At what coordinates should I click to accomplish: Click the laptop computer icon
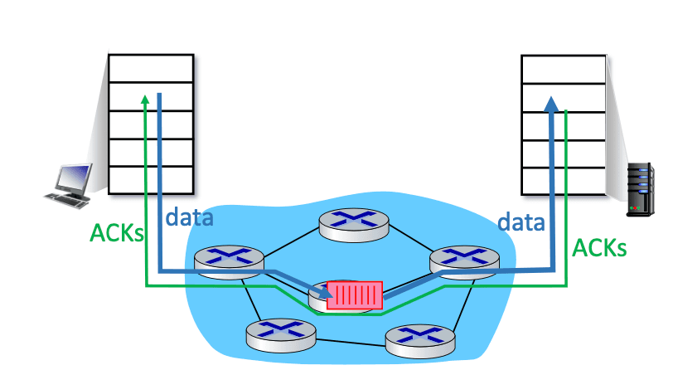tap(68, 186)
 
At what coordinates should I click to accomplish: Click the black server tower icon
tap(640, 189)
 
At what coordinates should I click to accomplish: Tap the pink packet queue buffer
tap(355, 295)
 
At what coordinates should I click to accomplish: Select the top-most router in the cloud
tap(354, 225)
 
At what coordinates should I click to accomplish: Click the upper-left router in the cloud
tap(229, 262)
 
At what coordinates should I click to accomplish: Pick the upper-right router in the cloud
tap(464, 262)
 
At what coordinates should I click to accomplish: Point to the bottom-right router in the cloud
tap(420, 342)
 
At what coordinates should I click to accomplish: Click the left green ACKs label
tap(116, 233)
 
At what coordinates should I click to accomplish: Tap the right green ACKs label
tap(599, 248)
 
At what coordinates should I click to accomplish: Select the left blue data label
tap(189, 217)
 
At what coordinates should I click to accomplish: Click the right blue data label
tap(521, 222)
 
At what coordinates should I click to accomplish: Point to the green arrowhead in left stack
tap(145, 100)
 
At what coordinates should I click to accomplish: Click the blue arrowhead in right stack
tap(551, 105)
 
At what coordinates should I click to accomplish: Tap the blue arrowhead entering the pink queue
tap(326, 292)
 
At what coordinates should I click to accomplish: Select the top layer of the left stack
tap(151, 68)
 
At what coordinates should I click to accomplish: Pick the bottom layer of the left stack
tap(151, 180)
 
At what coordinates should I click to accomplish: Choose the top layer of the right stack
tap(564, 69)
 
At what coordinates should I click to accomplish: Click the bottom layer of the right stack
tap(564, 182)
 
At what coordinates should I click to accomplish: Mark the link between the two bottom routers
tap(351, 343)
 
